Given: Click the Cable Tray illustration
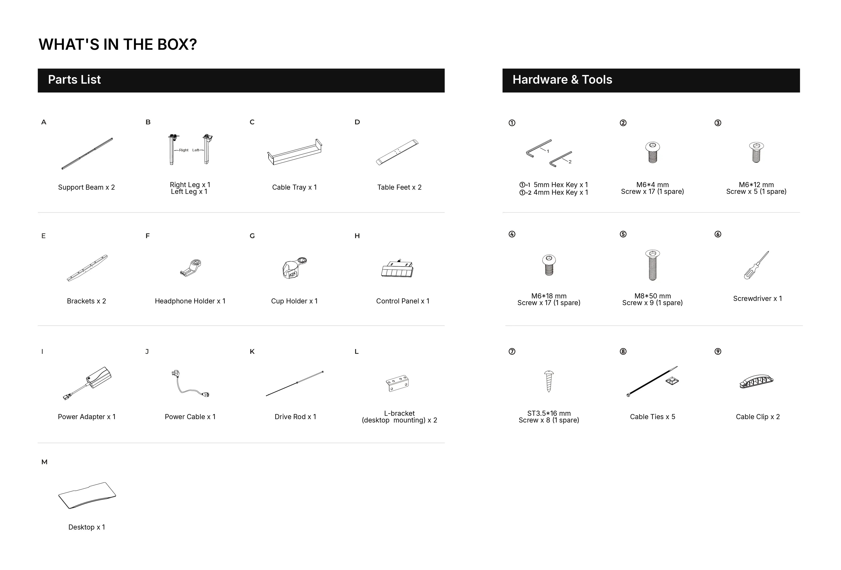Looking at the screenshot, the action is point(295,152).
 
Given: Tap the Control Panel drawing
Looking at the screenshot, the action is point(397,268).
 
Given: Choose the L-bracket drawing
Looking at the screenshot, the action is point(397,383).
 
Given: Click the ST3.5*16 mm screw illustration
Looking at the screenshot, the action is point(549,381).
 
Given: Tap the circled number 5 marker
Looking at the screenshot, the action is point(623,234).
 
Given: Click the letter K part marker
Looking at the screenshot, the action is point(252,352).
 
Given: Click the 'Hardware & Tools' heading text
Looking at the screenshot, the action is point(562,80).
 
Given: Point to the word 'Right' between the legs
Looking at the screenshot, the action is point(184,150).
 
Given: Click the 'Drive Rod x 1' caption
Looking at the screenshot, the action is point(295,417).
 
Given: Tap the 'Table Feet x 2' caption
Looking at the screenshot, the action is point(400,187).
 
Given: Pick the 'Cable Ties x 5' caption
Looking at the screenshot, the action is point(652,417).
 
